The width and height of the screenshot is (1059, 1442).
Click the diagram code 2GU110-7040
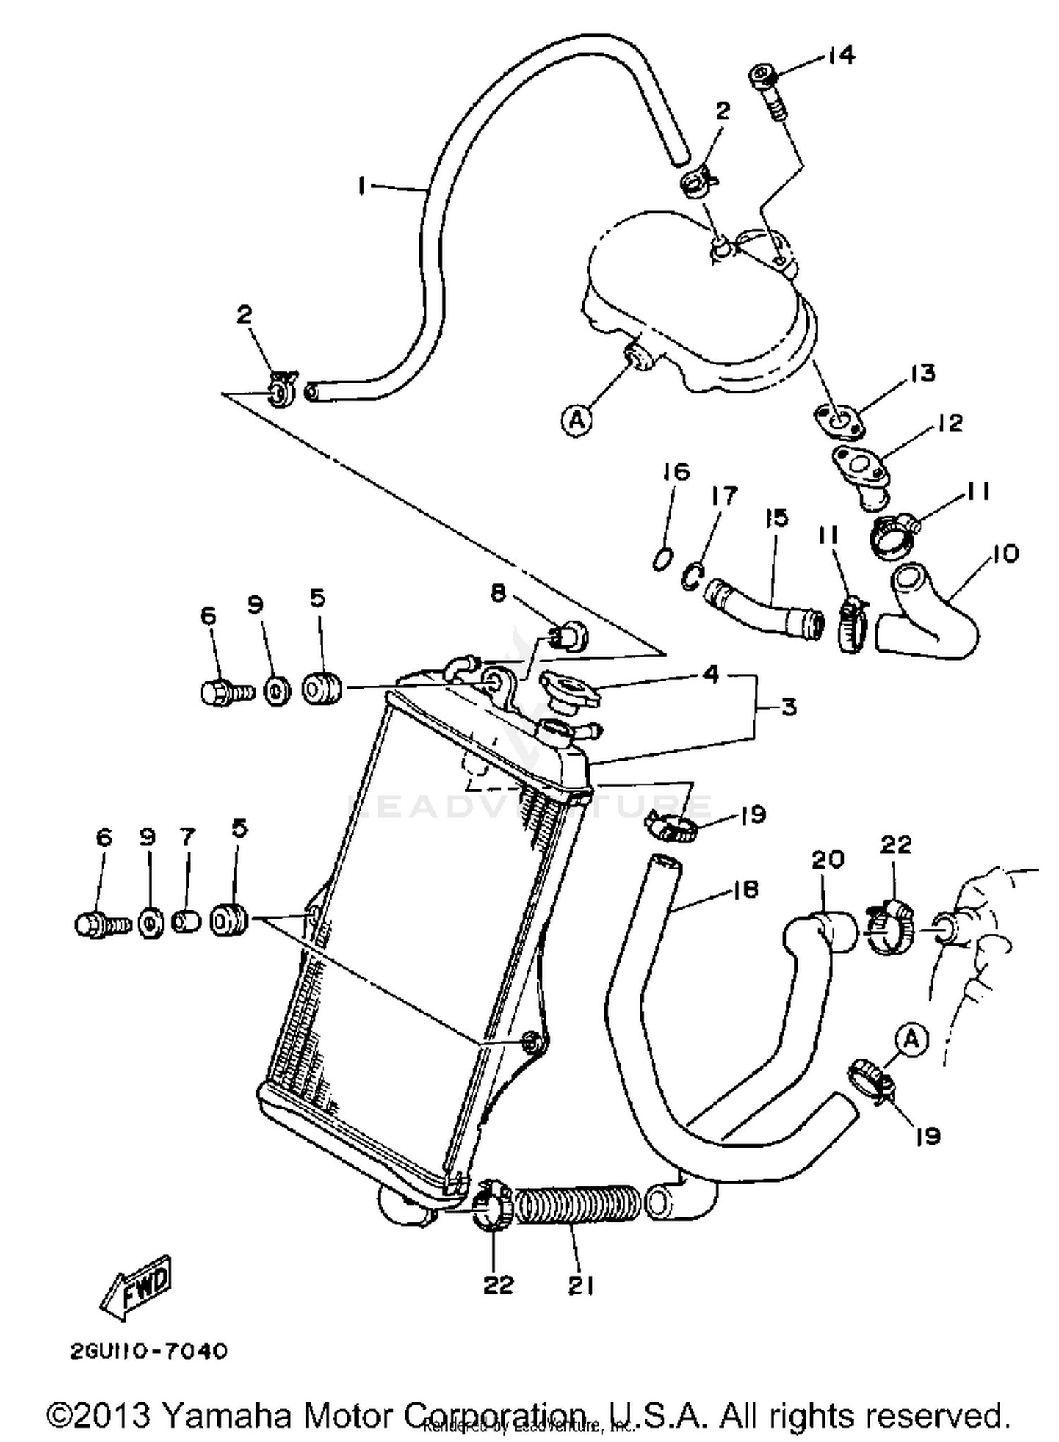[149, 1352]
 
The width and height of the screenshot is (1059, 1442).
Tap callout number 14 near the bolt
[840, 55]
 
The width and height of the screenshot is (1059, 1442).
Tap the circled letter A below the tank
[577, 420]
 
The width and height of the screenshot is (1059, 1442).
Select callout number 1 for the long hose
[361, 186]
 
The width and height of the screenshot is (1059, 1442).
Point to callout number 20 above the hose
[827, 859]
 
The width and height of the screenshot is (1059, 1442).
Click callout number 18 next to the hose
[746, 890]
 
